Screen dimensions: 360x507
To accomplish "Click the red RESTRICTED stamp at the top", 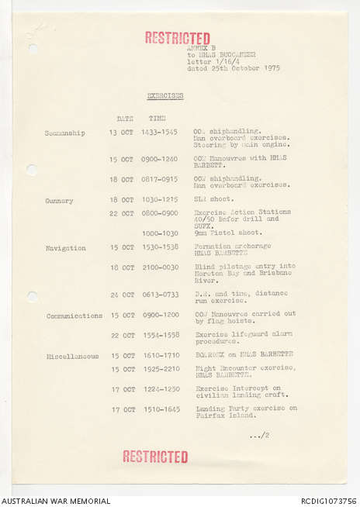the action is pyautogui.click(x=177, y=37).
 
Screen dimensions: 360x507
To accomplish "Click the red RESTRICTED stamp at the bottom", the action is pyautogui.click(x=155, y=457).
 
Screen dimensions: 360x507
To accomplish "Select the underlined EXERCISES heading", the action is pyautogui.click(x=165, y=95).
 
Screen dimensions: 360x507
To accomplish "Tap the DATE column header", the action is pyautogui.click(x=124, y=118).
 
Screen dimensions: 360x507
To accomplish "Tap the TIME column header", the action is pyautogui.click(x=157, y=118).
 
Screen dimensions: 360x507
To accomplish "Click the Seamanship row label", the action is pyautogui.click(x=65, y=133).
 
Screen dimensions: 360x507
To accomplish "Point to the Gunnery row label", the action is pyautogui.click(x=59, y=200).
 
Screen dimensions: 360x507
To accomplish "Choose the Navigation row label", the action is pyautogui.click(x=65, y=248).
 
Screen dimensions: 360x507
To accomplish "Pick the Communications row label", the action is pyautogui.click(x=74, y=316).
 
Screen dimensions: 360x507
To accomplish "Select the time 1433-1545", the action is pyautogui.click(x=160, y=133).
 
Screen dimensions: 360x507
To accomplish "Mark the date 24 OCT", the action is pyautogui.click(x=122, y=295).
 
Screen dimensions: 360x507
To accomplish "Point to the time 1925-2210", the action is pyautogui.click(x=160, y=368).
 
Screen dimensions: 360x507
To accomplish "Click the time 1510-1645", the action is pyautogui.click(x=160, y=409).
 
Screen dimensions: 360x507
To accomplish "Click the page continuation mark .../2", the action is pyautogui.click(x=259, y=435).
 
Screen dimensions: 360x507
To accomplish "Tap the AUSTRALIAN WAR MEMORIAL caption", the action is pyautogui.click(x=56, y=501).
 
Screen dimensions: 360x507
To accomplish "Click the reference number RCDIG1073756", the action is pyautogui.click(x=328, y=501).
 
